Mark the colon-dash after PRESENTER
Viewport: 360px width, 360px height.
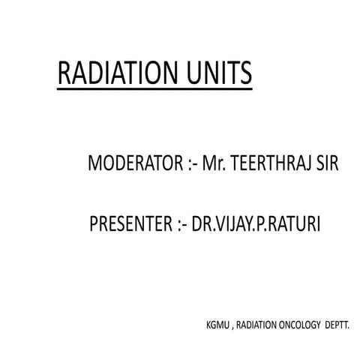coord(180,224)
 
